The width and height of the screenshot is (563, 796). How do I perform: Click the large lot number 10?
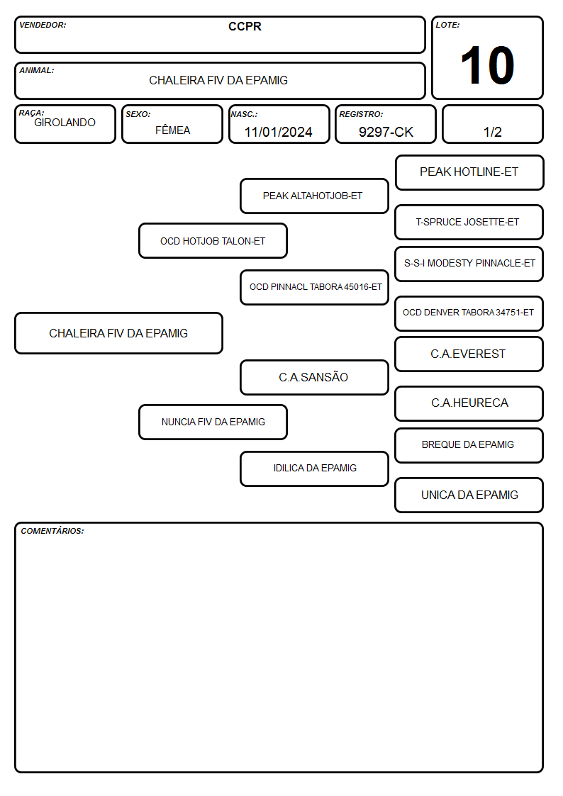point(487,65)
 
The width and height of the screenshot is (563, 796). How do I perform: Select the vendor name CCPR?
point(245,26)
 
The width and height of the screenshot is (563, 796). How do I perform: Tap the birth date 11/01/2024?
point(278,132)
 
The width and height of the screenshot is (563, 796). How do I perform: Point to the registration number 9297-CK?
point(386,132)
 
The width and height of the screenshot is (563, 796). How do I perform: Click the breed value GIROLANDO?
point(65,123)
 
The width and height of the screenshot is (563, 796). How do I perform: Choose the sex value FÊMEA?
point(172,130)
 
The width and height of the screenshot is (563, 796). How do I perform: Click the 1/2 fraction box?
point(492,124)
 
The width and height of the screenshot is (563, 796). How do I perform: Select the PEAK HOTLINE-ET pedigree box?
point(469,173)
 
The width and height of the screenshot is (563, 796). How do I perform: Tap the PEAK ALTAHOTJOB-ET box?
point(314,196)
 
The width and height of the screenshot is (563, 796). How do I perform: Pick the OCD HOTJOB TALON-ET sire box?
point(213,241)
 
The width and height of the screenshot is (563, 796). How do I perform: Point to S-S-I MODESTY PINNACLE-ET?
point(469,264)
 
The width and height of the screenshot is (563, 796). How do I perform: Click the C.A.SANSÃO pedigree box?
point(314,377)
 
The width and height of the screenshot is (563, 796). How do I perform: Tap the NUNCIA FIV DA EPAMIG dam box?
point(213,422)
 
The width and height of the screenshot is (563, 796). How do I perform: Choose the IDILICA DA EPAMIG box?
point(314,469)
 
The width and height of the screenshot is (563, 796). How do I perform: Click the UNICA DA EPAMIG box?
point(469,495)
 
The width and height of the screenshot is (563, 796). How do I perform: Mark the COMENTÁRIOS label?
point(52,531)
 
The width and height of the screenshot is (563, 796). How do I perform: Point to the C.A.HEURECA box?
point(469,403)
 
